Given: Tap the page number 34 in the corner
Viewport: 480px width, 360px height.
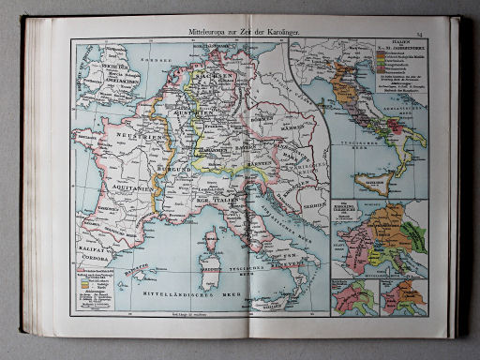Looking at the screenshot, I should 421,34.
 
